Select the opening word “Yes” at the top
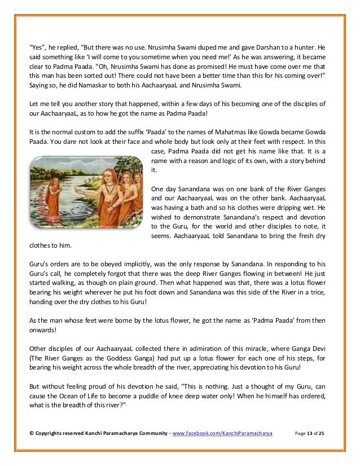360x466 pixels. coord(36,46)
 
